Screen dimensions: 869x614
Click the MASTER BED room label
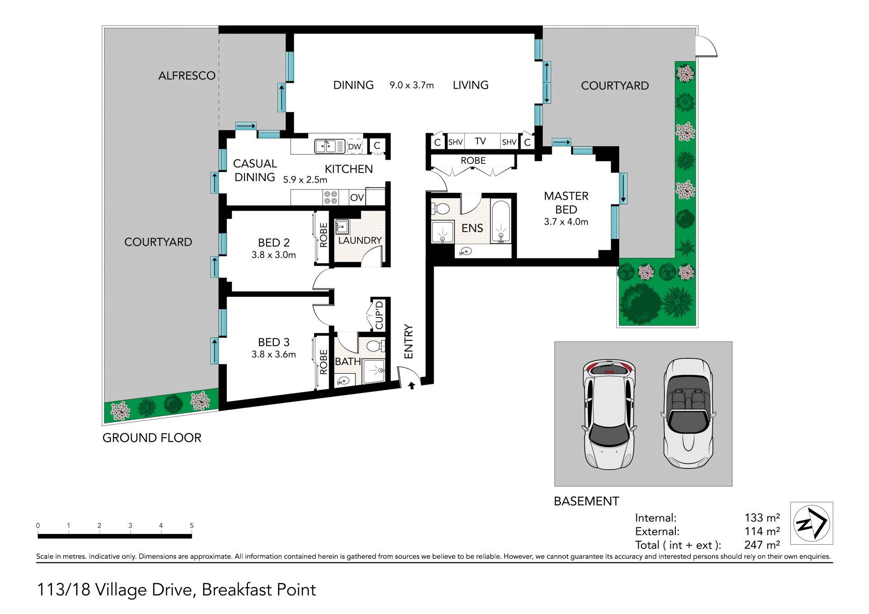click(566, 203)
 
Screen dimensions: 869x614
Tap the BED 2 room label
click(274, 243)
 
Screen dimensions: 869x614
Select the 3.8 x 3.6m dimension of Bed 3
click(274, 354)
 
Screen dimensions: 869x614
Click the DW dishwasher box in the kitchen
click(355, 147)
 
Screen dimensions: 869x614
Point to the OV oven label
click(357, 198)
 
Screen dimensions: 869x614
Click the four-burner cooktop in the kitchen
click(331, 197)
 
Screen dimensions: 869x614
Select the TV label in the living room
click(480, 141)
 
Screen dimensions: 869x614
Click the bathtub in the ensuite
click(501, 222)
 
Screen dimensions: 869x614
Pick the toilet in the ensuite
click(440, 209)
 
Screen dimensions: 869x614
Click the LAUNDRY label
click(360, 240)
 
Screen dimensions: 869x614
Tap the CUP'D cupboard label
click(379, 315)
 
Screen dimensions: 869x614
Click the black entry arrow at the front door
click(412, 385)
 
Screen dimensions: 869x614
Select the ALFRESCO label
click(187, 76)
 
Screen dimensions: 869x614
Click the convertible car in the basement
click(688, 414)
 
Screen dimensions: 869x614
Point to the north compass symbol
click(812, 524)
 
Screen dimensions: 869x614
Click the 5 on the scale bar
click(192, 525)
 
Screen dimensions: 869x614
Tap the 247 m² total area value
click(762, 545)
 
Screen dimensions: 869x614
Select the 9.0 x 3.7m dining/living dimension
click(412, 85)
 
